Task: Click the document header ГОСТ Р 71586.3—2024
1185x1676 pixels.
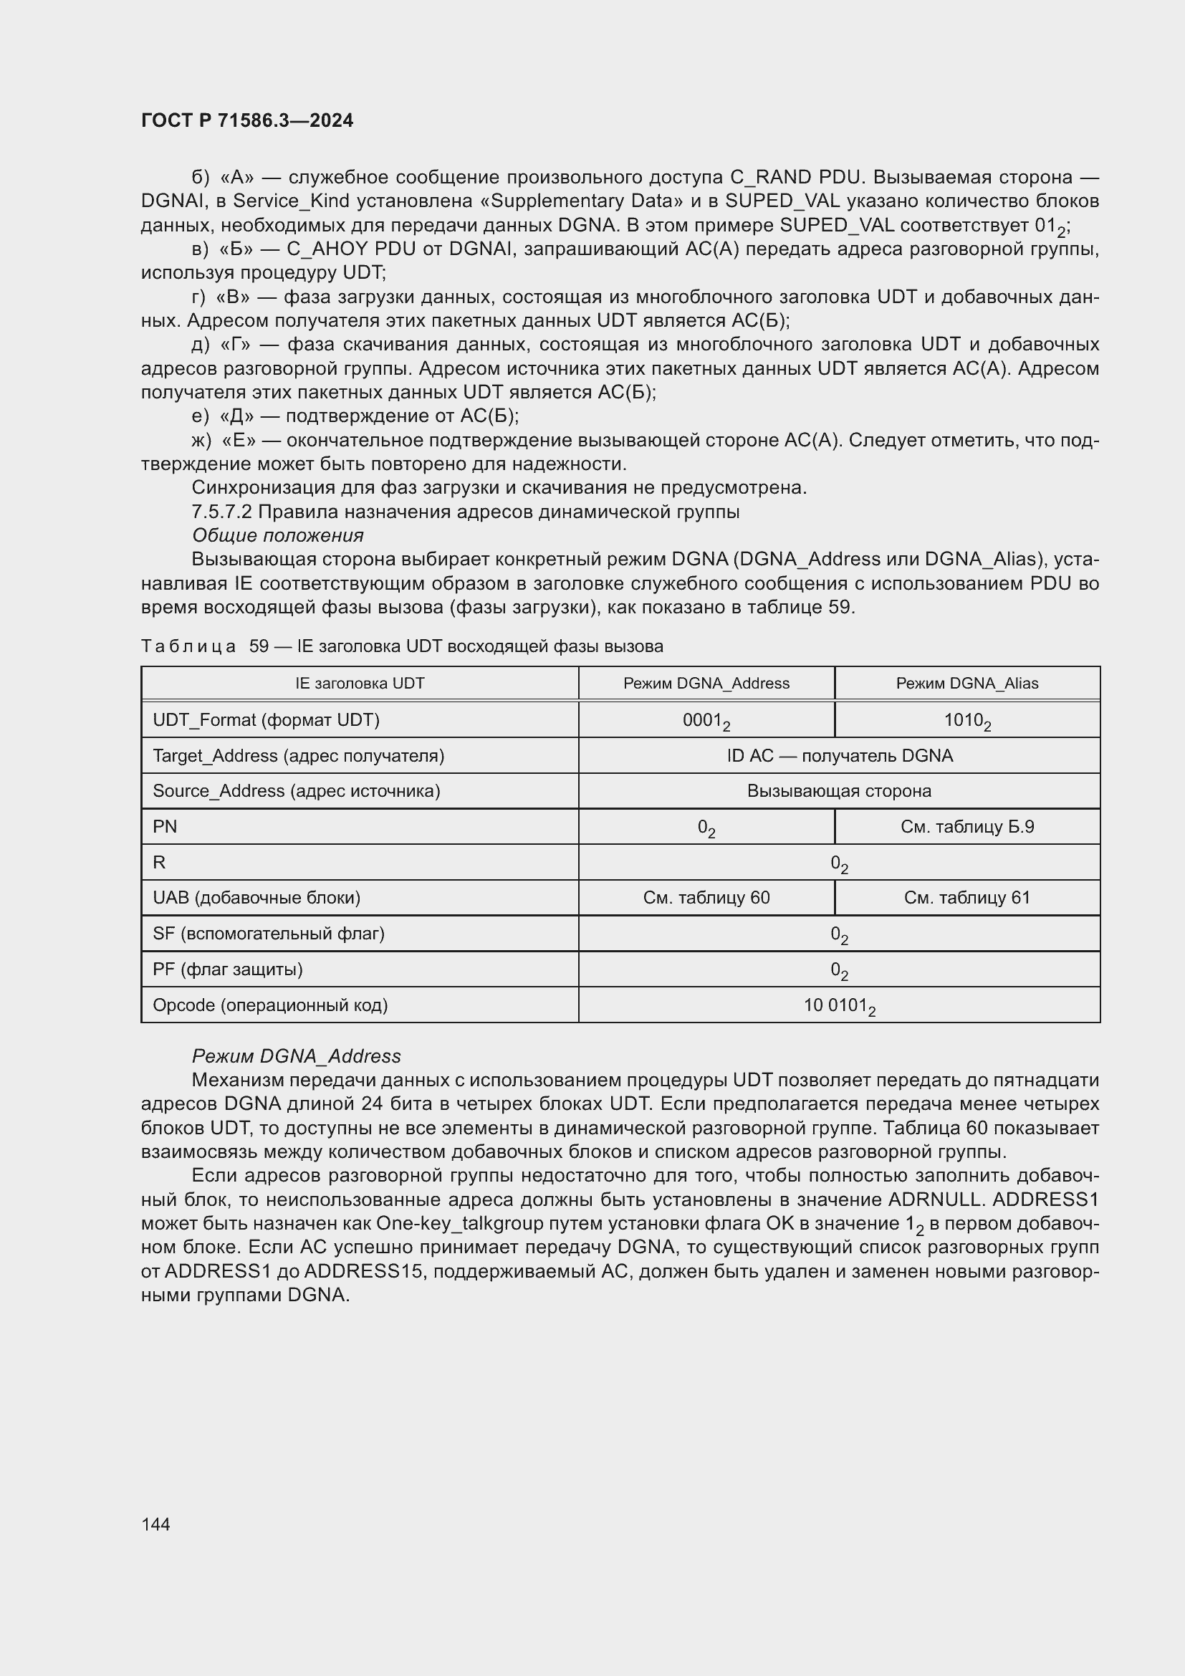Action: click(x=246, y=120)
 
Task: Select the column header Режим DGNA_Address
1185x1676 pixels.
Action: click(x=706, y=684)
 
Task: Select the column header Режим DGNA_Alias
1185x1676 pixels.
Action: click(x=966, y=684)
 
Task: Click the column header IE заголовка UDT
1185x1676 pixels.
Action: click(x=360, y=684)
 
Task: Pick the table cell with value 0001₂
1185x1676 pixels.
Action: click(x=706, y=720)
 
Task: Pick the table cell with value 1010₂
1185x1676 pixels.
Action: click(x=966, y=720)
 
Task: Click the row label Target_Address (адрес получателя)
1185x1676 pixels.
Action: click(x=299, y=755)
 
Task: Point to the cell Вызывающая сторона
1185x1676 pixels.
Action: click(x=839, y=791)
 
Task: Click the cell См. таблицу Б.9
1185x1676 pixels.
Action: click(x=966, y=827)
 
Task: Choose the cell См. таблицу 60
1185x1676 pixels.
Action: click(x=706, y=898)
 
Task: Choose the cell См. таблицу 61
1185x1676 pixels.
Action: click(x=966, y=898)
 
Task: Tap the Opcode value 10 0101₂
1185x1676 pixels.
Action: click(x=839, y=1006)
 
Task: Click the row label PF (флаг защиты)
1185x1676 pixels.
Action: click(x=228, y=969)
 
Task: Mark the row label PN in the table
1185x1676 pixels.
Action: click(x=165, y=827)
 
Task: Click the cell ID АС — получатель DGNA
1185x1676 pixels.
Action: click(x=839, y=755)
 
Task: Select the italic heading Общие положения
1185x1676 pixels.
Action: click(x=277, y=536)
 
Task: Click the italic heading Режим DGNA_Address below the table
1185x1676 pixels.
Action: click(x=297, y=1056)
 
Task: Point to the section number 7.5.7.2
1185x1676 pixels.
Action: click(x=222, y=512)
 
